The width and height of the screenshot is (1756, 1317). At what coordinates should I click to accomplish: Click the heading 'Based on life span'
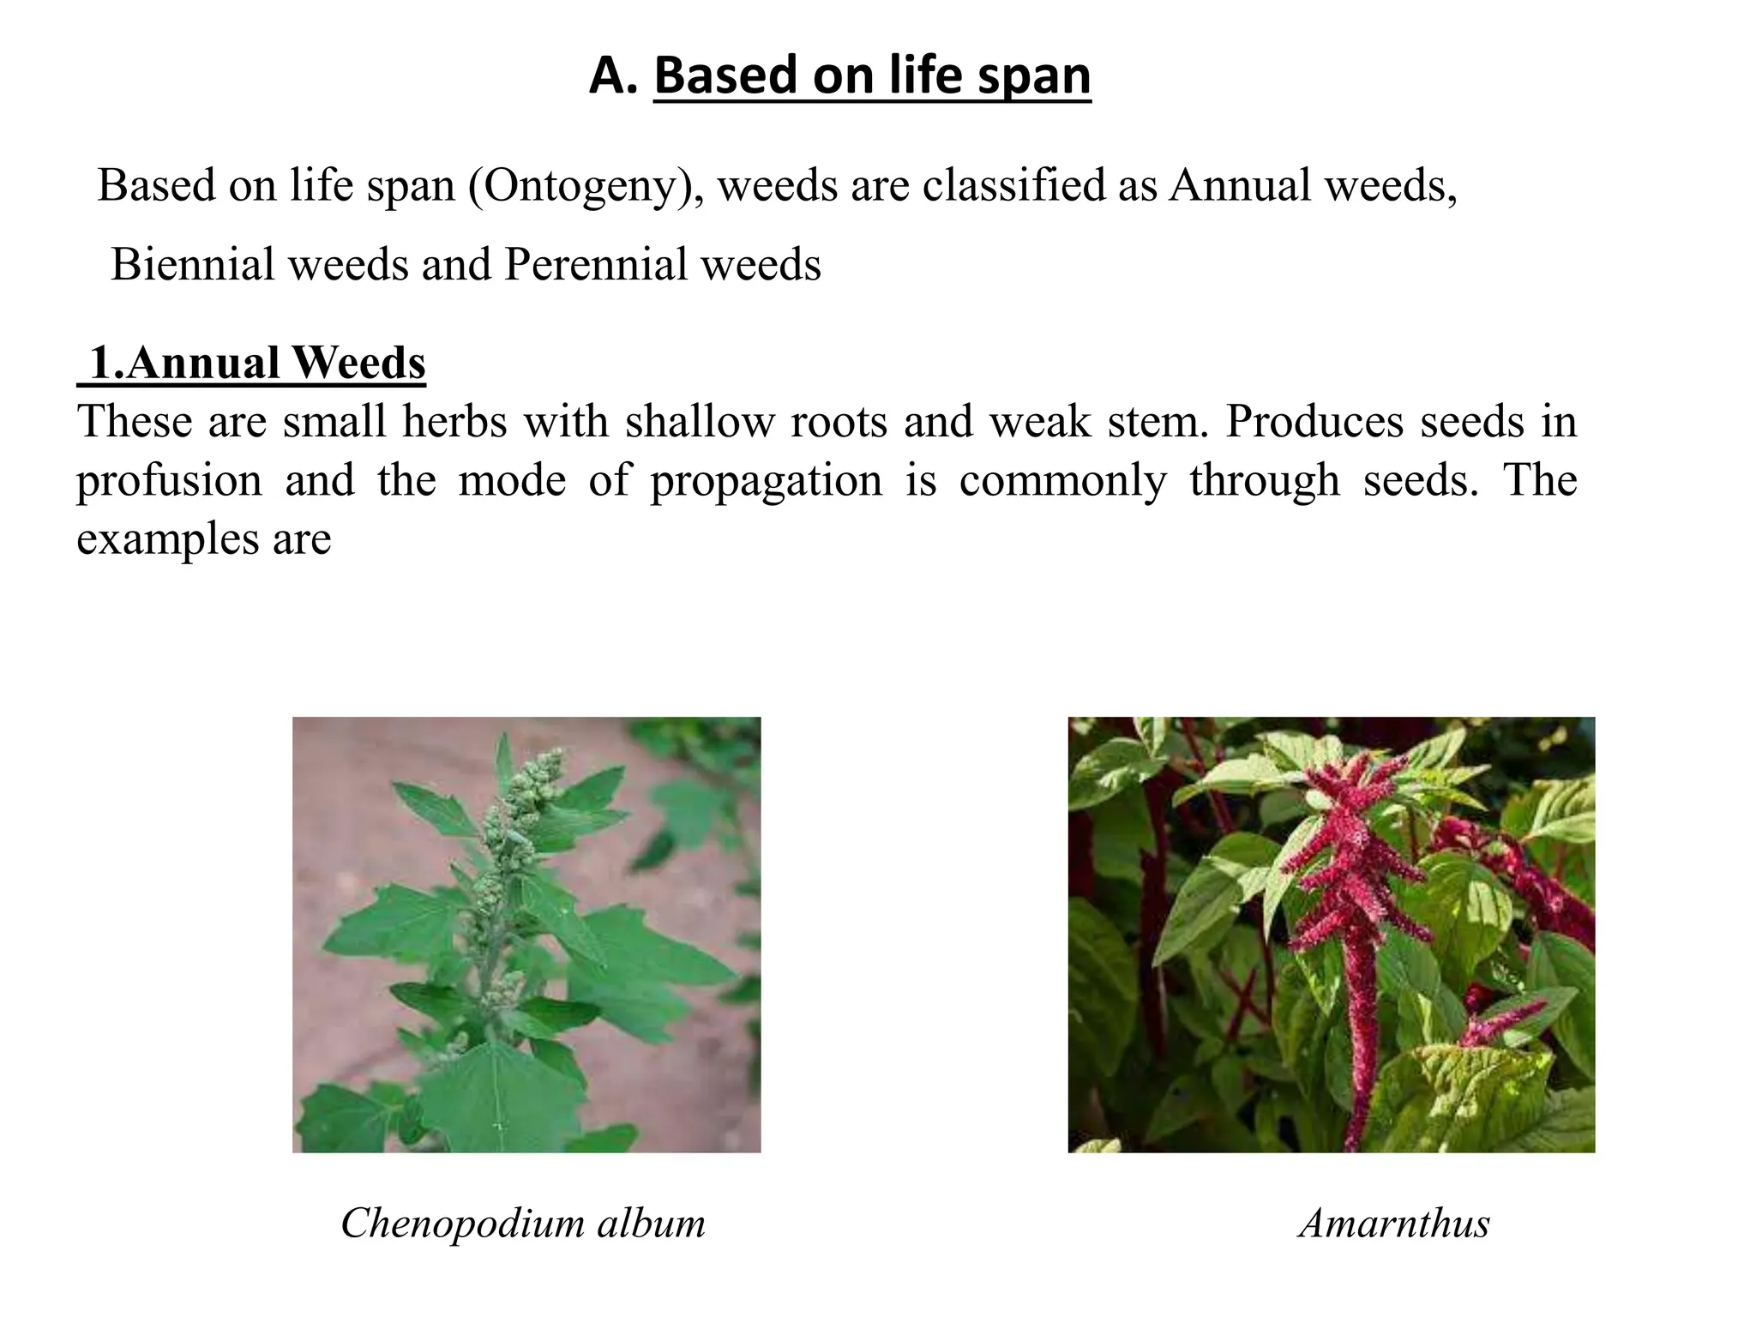coord(872,75)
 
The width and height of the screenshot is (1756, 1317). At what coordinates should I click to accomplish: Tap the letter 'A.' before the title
coord(612,75)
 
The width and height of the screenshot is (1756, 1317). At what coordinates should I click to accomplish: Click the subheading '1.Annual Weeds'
coord(255,363)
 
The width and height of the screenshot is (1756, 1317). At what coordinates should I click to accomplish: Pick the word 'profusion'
coord(169,480)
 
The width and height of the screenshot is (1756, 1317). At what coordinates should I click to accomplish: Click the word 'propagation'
coord(766,480)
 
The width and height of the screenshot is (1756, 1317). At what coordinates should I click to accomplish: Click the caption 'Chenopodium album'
coord(522,1223)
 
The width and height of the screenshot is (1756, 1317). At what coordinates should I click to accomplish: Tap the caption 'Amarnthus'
coord(1394,1223)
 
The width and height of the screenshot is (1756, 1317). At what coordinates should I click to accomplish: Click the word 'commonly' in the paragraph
coord(1062,480)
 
